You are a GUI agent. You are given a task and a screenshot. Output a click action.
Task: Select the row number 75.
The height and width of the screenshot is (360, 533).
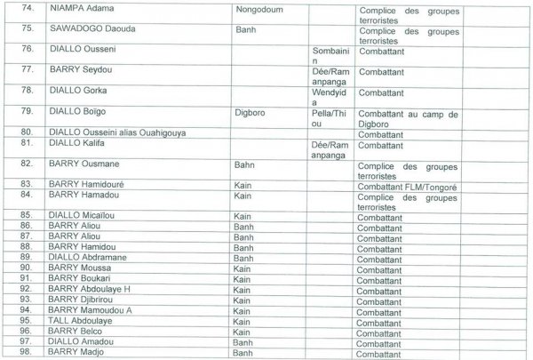pyautogui.click(x=28, y=28)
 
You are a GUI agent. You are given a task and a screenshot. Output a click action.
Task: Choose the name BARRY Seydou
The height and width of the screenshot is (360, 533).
pyautogui.click(x=80, y=73)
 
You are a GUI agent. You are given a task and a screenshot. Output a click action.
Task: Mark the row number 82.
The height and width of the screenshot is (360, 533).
pyautogui.click(x=28, y=164)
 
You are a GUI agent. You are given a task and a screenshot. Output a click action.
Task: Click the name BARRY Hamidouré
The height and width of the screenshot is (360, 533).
pyautogui.click(x=88, y=183)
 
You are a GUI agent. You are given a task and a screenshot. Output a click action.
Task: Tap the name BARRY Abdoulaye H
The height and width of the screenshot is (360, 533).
pyautogui.click(x=90, y=289)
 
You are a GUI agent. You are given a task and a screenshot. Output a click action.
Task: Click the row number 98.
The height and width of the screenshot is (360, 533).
pyautogui.click(x=28, y=353)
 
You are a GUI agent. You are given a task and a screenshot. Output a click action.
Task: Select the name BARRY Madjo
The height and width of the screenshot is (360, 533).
pyautogui.click(x=76, y=353)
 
